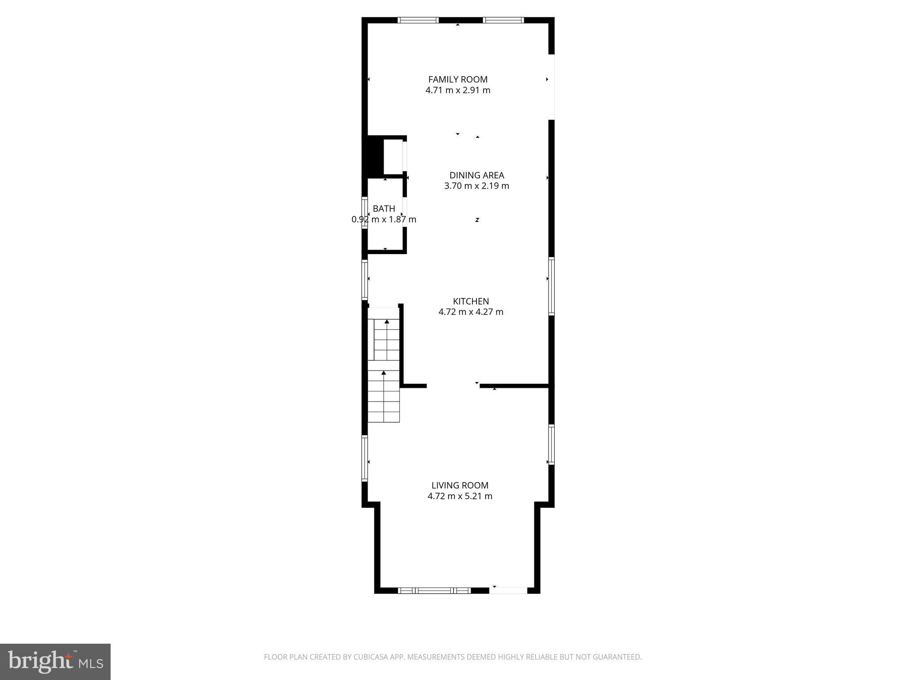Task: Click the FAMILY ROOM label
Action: [458, 80]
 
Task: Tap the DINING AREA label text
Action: [476, 175]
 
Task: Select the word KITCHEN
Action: [471, 301]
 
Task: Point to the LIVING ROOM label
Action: [460, 486]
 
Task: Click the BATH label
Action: [384, 209]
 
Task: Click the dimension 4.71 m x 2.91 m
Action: [458, 90]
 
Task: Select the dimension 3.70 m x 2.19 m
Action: [476, 186]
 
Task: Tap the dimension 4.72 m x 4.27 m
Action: [471, 312]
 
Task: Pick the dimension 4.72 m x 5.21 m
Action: [460, 496]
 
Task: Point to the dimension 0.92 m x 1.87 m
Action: [384, 220]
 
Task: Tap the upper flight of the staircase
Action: [387, 340]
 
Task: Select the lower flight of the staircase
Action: [384, 397]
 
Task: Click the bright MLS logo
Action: [55, 661]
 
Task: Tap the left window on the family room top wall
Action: [418, 20]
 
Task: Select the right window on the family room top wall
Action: [503, 20]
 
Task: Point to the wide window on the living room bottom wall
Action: [434, 590]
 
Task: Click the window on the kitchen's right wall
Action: [551, 286]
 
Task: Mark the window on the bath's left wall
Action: [365, 212]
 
